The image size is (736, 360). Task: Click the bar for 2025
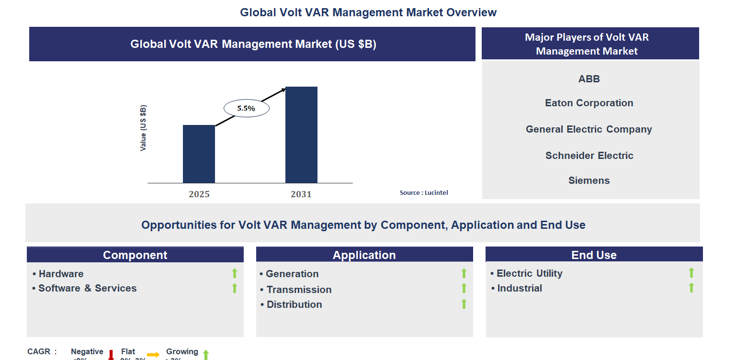(x=199, y=154)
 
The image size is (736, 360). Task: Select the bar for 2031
(x=301, y=135)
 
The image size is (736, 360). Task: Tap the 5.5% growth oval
(x=246, y=108)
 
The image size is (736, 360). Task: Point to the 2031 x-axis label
(x=301, y=194)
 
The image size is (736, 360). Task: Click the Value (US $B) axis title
(x=143, y=128)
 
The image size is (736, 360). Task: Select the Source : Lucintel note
(x=424, y=192)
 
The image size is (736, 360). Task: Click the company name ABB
(x=589, y=79)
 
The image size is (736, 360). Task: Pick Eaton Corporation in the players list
(x=589, y=103)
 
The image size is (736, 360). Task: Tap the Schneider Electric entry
(x=589, y=156)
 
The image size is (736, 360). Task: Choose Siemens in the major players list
(x=589, y=180)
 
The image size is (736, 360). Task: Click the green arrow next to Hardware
(x=235, y=273)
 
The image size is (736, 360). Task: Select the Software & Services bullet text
(x=87, y=288)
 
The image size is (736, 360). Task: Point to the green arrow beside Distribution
(x=464, y=304)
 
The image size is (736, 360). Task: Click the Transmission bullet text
(x=299, y=290)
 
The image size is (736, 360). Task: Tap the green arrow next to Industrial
(x=691, y=288)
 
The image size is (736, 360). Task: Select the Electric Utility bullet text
(x=529, y=273)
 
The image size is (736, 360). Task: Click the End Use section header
(x=594, y=255)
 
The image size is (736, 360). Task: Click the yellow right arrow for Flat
(x=153, y=355)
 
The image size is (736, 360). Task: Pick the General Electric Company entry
(x=589, y=129)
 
